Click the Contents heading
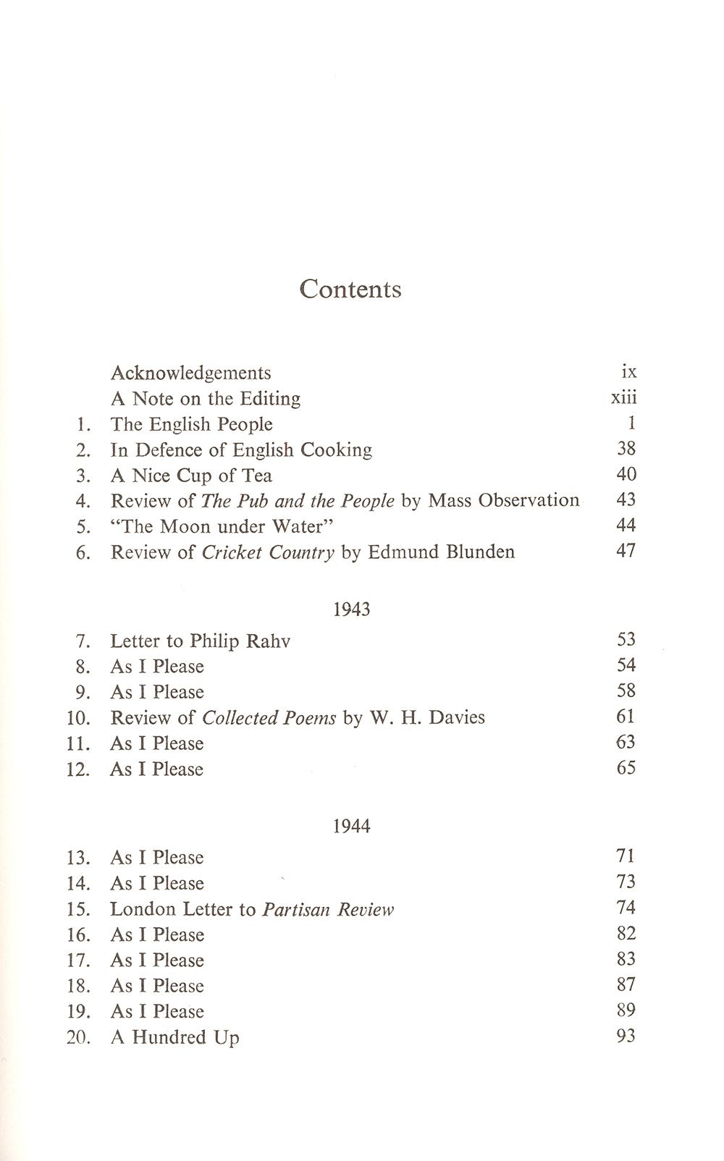[x=350, y=289]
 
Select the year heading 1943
[x=352, y=609]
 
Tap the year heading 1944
[x=352, y=826]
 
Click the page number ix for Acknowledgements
[x=628, y=372]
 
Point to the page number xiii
[x=623, y=397]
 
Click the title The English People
[x=191, y=424]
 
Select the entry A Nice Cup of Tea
[x=191, y=476]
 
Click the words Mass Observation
[x=503, y=500]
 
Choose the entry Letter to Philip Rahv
[x=200, y=641]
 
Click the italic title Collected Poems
[x=269, y=718]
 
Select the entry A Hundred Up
[x=174, y=1037]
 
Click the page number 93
[x=626, y=1036]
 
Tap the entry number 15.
[x=77, y=910]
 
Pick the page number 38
[x=626, y=449]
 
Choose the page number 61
[x=626, y=717]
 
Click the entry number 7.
[x=83, y=641]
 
